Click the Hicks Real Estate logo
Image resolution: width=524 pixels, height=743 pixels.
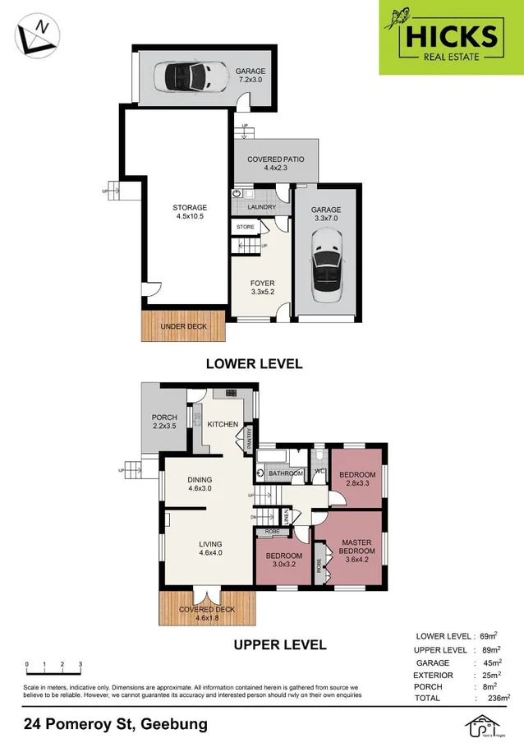450,37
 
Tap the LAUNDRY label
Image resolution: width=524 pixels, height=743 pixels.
261,207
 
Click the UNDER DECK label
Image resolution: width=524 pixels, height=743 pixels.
183,326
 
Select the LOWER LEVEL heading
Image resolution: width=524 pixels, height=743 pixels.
254,363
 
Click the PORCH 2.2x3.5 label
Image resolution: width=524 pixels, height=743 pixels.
164,422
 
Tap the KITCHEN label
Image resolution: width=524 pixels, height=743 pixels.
222,424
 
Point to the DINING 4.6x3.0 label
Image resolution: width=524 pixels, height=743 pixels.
200,485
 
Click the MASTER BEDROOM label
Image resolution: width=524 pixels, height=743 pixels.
358,546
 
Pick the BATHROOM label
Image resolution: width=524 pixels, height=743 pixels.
286,473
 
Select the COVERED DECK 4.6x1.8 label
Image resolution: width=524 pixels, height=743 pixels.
207,614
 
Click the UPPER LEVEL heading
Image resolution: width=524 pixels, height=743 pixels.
280,645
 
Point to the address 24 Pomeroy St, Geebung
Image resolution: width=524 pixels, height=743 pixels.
115,724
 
